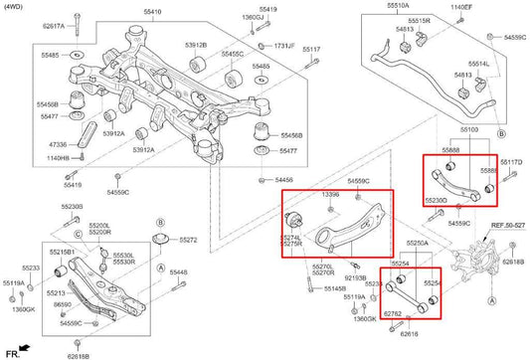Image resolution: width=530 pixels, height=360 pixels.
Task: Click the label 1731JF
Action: tap(284, 47)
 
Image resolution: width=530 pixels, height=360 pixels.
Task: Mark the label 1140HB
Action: tap(58, 158)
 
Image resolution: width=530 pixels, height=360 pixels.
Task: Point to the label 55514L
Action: tap(478, 64)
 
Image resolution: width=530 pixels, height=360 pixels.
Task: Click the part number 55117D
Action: tap(511, 162)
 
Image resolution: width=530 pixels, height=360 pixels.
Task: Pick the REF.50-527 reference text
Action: tap(508, 227)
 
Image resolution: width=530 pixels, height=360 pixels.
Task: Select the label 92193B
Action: tap(355, 278)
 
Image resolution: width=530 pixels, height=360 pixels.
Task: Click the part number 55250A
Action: tap(418, 243)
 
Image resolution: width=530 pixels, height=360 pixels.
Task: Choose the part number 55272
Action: tap(187, 241)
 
